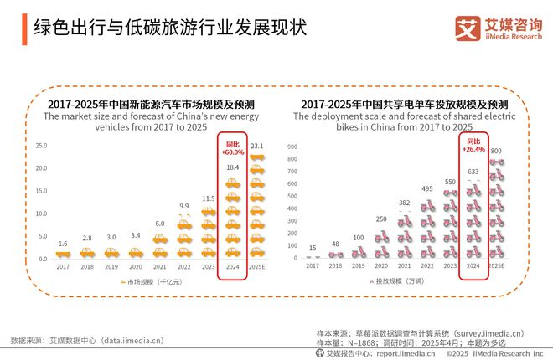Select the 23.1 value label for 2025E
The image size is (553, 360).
click(x=257, y=147)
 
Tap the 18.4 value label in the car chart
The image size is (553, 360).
click(x=232, y=167)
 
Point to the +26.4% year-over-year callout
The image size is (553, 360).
click(x=473, y=147)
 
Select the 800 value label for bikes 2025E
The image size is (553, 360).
click(x=496, y=151)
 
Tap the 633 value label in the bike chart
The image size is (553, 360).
click(x=473, y=171)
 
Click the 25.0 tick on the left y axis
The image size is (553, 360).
click(x=40, y=146)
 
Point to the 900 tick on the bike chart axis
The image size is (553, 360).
click(x=293, y=147)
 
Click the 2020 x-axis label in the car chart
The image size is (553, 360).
click(x=136, y=265)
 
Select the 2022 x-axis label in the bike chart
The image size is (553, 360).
click(x=427, y=265)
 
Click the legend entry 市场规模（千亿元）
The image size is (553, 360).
click(x=151, y=282)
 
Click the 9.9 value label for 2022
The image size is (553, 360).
click(x=184, y=205)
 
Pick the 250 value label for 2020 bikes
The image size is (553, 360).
click(x=381, y=219)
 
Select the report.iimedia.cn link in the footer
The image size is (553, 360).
click(x=406, y=353)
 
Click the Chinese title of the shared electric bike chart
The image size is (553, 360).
click(x=405, y=104)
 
